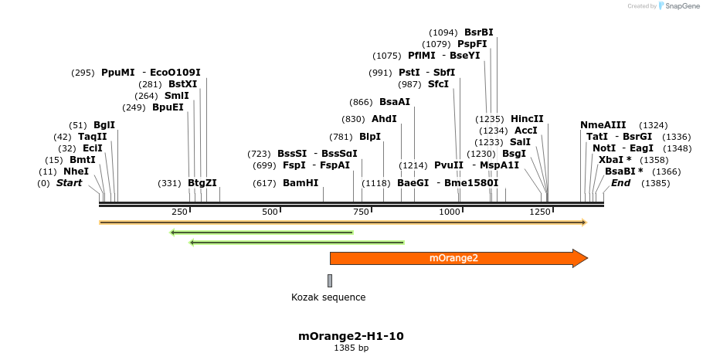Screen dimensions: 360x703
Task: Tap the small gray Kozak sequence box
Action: pos(330,280)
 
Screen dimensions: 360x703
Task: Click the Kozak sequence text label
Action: pos(328,297)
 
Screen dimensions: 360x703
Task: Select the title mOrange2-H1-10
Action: pos(351,336)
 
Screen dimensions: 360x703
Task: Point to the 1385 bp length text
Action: pos(351,348)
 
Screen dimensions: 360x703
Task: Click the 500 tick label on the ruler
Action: pos(270,212)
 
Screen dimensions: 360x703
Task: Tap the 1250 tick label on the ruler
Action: pos(539,212)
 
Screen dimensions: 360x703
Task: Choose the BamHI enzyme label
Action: pos(301,183)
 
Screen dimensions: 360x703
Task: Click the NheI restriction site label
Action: pos(76,171)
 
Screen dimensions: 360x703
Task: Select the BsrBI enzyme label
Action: pos(478,32)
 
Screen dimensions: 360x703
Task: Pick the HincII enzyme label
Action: pos(527,119)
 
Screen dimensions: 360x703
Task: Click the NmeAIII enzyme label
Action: pos(603,125)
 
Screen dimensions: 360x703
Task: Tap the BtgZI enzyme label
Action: pos(202,183)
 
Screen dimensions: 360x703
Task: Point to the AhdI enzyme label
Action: pos(384,119)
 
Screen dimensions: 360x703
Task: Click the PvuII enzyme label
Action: pos(449,165)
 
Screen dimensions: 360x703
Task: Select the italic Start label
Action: pos(69,183)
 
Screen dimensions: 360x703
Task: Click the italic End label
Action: pos(620,183)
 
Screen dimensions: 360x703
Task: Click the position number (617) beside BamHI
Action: pos(264,183)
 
